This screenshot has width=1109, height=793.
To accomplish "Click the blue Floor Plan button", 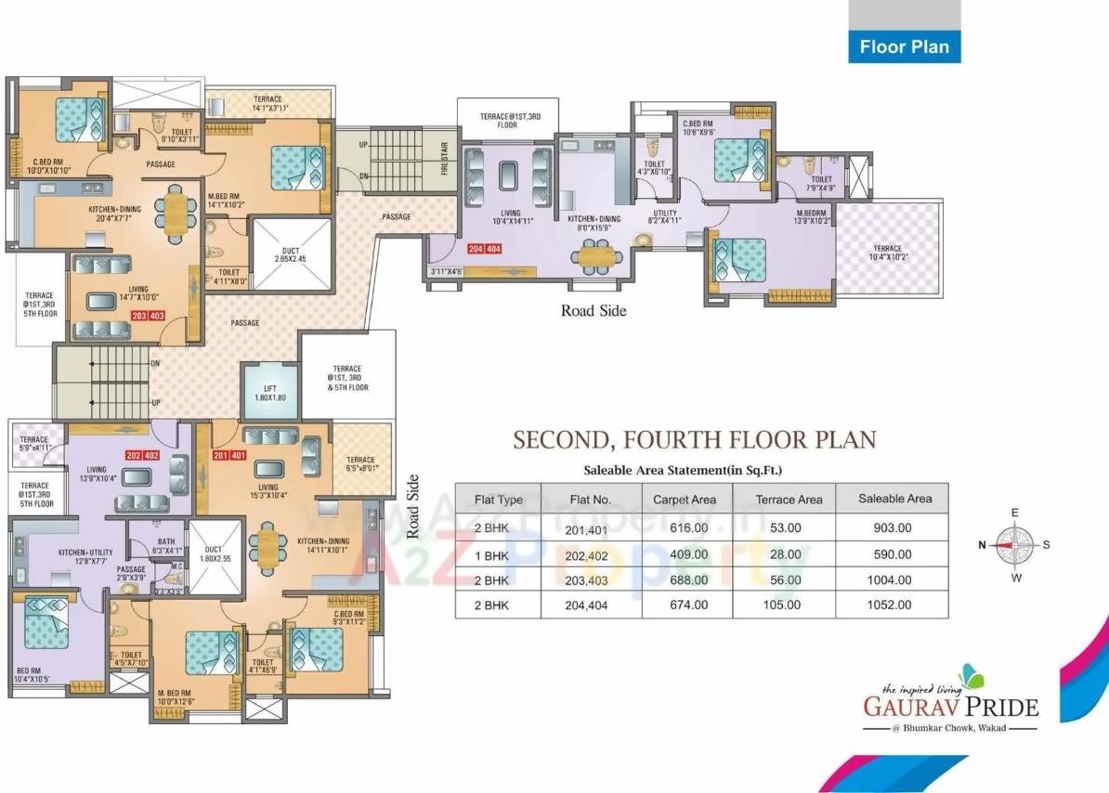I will click(x=904, y=46).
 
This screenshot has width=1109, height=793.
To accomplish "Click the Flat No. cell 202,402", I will click(x=590, y=554).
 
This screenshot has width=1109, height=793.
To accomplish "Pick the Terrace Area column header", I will click(x=788, y=499).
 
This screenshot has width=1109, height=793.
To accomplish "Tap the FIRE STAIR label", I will click(x=444, y=159).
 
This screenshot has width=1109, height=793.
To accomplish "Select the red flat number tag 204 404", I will click(x=485, y=249).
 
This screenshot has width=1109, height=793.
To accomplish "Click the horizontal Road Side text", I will click(x=593, y=310).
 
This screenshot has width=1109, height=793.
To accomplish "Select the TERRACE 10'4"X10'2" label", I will click(x=887, y=253).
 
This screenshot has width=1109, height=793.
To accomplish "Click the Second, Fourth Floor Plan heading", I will click(x=695, y=439).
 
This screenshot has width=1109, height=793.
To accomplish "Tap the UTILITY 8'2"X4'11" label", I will click(x=665, y=217).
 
